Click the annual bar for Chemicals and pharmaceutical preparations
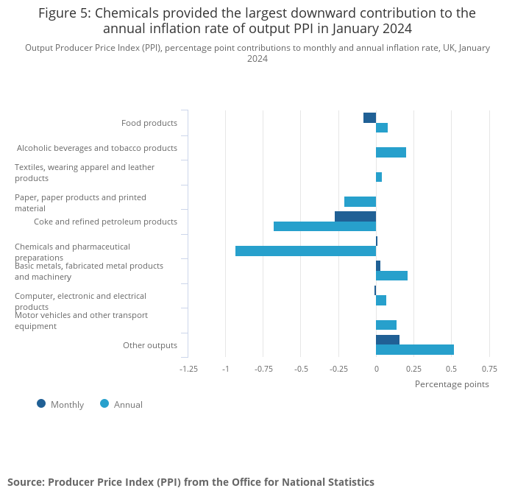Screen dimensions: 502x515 (x=305, y=251)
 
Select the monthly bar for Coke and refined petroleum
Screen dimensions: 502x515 (x=355, y=216)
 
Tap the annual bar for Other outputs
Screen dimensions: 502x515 (x=415, y=350)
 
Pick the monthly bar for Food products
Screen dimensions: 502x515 (x=369, y=118)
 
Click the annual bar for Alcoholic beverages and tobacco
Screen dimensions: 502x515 (x=391, y=152)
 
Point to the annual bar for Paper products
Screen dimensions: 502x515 (x=360, y=202)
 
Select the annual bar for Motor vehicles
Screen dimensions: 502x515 (x=386, y=325)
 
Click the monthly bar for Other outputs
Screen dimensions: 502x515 (x=388, y=339)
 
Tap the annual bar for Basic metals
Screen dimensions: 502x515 (x=391, y=275)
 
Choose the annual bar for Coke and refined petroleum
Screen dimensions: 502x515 (x=324, y=226)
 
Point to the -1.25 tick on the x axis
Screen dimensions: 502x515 (x=189, y=369)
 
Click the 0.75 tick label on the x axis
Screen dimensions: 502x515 (x=489, y=369)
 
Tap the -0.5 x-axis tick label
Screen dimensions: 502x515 (x=301, y=369)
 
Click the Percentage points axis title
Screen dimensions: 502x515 (x=452, y=383)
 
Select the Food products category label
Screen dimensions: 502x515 (x=149, y=123)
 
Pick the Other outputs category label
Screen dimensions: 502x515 (x=150, y=345)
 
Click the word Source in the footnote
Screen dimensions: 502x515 (x=25, y=482)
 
